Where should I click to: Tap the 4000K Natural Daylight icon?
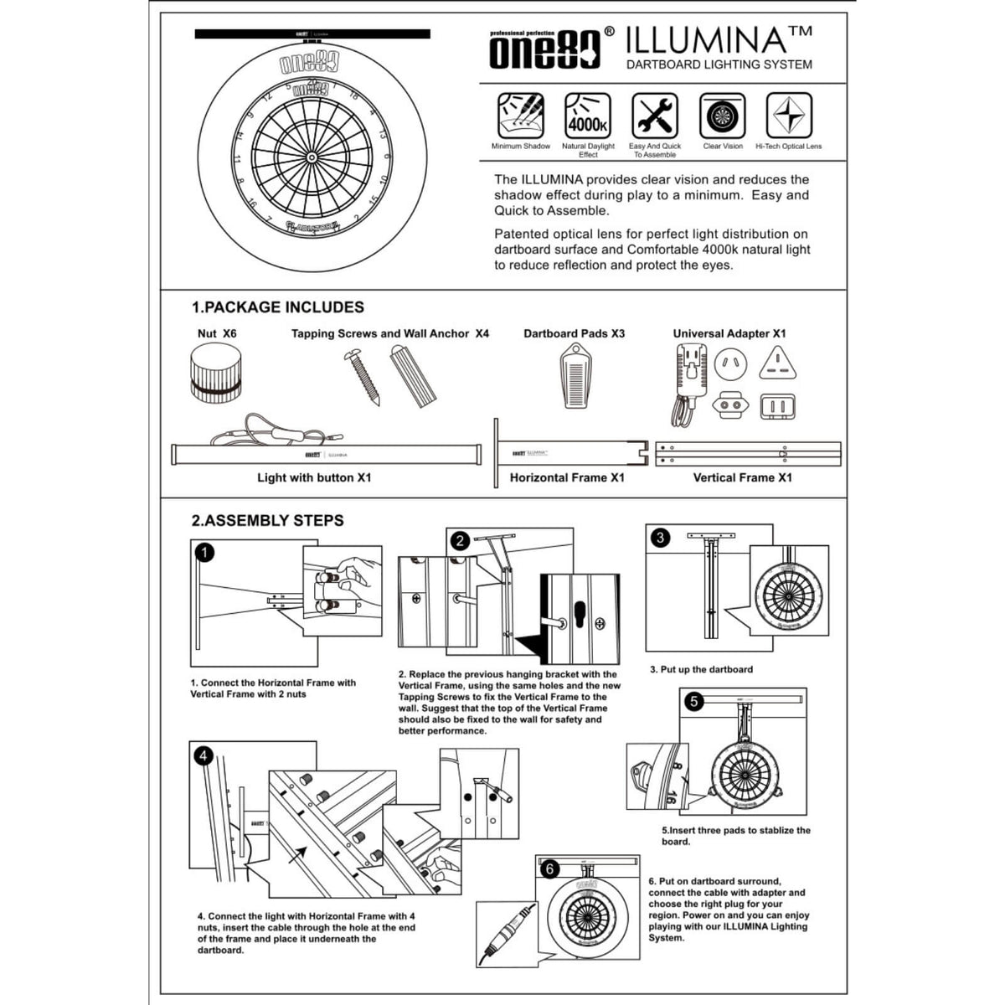click(588, 116)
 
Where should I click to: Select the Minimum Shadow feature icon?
click(520, 116)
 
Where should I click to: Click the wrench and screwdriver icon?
click(655, 116)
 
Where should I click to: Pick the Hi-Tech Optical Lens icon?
click(788, 116)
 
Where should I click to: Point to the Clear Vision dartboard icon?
click(722, 116)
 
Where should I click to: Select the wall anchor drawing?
click(413, 376)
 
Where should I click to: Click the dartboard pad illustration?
click(575, 377)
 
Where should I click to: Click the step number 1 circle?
click(205, 553)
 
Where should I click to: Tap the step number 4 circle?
click(204, 756)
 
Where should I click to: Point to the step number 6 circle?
click(550, 868)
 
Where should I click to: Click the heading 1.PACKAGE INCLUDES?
click(277, 307)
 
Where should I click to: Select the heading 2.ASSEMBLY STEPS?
click(267, 520)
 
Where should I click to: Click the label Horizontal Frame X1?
click(567, 477)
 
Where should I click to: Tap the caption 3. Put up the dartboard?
click(701, 669)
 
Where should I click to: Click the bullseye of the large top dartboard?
click(312, 157)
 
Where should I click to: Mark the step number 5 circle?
click(693, 701)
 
